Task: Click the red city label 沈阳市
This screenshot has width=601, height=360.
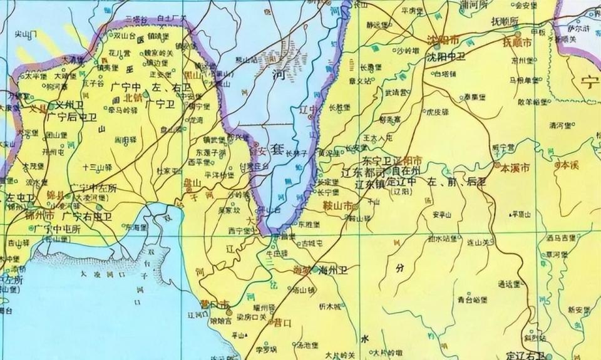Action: click(443, 39)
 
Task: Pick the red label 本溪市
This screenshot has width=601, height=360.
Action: click(515, 168)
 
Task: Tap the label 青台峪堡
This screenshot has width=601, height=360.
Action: click(472, 299)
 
